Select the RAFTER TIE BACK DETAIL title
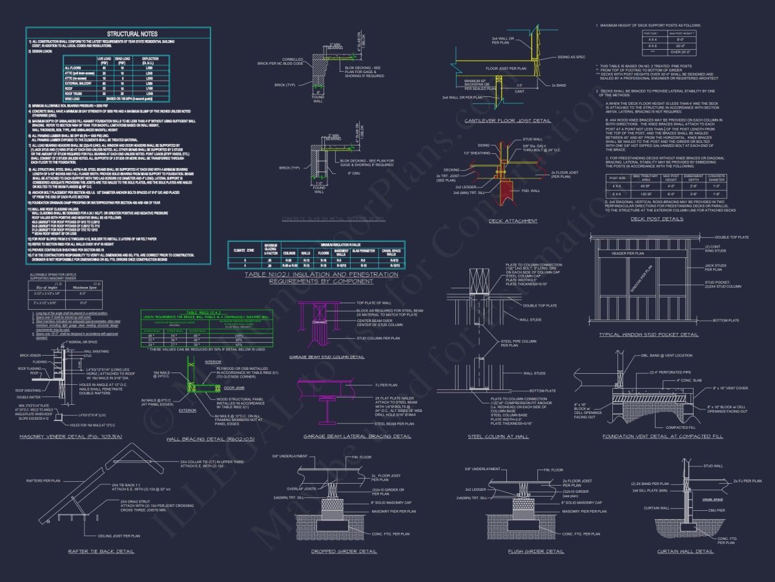pyautogui.click(x=101, y=552)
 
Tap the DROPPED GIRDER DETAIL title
pyautogui.click(x=344, y=552)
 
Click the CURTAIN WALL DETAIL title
pyautogui.click(x=685, y=552)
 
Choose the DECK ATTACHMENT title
pyautogui.click(x=513, y=221)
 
